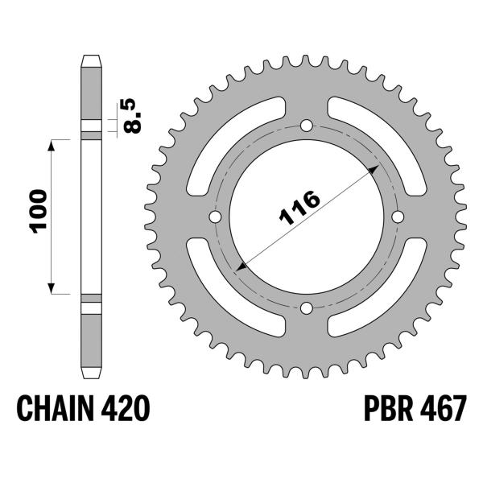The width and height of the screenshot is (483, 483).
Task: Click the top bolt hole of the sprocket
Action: [x=307, y=125]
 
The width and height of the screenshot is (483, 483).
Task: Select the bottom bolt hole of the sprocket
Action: [x=307, y=307]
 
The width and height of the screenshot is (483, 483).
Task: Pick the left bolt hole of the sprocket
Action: [x=216, y=217]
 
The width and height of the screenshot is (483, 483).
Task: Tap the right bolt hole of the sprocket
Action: [x=398, y=217]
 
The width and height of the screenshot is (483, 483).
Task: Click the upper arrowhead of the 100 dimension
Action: [x=53, y=144]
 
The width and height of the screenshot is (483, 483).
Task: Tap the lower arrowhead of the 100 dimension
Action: [x=53, y=287]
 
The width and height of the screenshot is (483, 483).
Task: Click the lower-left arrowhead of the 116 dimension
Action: [x=241, y=265]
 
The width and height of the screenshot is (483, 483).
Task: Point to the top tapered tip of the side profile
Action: [x=91, y=59]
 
